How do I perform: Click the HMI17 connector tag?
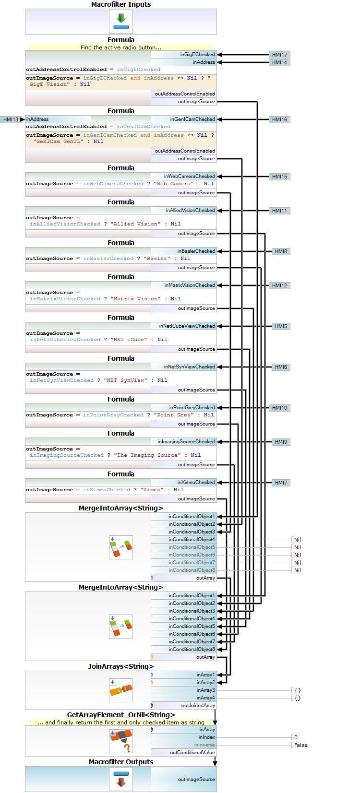click(279, 55)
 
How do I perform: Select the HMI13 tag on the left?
click(11, 119)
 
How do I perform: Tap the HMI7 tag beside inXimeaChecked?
click(281, 483)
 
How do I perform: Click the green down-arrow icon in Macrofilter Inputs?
click(121, 21)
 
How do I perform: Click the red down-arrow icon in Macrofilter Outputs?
click(121, 779)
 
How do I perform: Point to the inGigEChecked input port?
click(197, 55)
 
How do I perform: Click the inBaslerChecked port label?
click(196, 251)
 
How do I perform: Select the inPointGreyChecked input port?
click(192, 408)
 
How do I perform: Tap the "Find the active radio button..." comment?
click(121, 47)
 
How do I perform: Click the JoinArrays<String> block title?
click(121, 666)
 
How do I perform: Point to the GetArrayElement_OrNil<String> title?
click(121, 715)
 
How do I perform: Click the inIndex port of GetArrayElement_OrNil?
click(206, 737)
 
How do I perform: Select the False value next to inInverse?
click(301, 745)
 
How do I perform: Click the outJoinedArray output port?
click(198, 706)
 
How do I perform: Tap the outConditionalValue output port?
click(192, 753)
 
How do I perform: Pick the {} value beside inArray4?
click(298, 698)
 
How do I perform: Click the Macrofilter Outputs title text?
click(121, 762)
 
